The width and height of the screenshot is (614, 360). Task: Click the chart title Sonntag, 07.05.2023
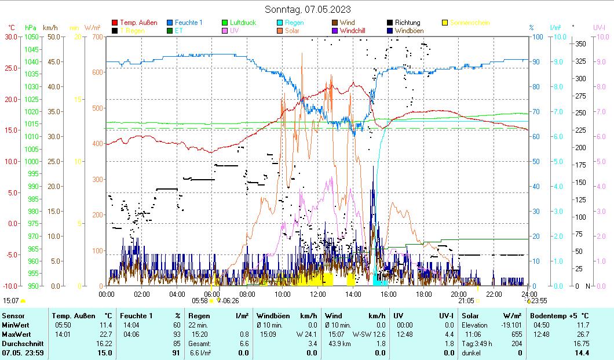pyautogui.click(x=308, y=9)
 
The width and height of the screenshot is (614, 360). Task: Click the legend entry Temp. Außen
pyautogui.click(x=138, y=23)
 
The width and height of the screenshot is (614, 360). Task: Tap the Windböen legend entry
pyautogui.click(x=409, y=30)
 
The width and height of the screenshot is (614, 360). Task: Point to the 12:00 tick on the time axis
pyautogui.click(x=317, y=294)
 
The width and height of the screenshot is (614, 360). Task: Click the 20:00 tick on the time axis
pyautogui.click(x=459, y=294)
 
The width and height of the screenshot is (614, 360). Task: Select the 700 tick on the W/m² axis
pyautogui.click(x=96, y=37)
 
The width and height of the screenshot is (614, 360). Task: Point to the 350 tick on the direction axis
pyautogui.click(x=580, y=44)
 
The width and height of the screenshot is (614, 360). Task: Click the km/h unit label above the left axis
pyautogui.click(x=50, y=27)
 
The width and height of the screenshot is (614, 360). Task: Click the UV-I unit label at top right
pyautogui.click(x=599, y=27)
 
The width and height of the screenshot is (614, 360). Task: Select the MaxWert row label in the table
pyautogui.click(x=16, y=334)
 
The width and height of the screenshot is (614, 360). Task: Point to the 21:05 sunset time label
pyautogui.click(x=466, y=301)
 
